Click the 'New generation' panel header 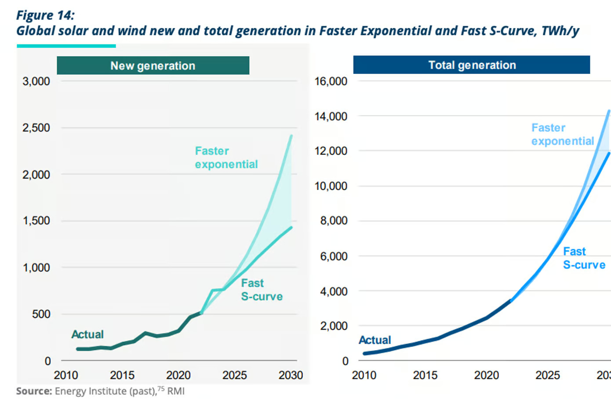coord(153,66)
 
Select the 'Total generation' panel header coord(472,65)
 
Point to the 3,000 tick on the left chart coord(36,81)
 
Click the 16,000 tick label coord(331,81)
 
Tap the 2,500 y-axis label coord(36,128)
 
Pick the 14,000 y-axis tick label coord(331,117)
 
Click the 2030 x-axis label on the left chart coord(291,375)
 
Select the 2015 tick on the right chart coord(425,375)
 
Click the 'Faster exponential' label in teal coord(226,157)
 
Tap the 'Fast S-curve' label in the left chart coord(262,289)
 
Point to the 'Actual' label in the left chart coord(87,334)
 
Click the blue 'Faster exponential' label coord(562,134)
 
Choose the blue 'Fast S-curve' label coord(584,258)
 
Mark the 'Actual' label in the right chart coord(375,340)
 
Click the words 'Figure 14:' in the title coord(45,15)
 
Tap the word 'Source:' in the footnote coord(34,391)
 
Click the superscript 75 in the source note coord(161,388)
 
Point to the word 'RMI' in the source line coord(176,391)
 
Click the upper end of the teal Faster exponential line coord(291,136)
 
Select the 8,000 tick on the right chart coord(334,221)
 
